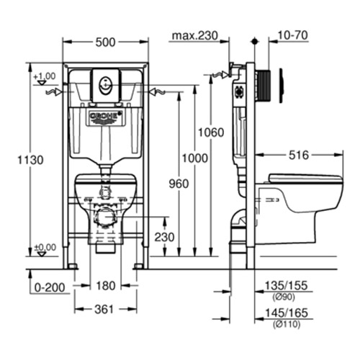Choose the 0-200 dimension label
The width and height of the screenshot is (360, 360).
48,287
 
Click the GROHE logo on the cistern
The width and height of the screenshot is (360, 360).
105,116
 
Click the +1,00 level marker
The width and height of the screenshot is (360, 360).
45,76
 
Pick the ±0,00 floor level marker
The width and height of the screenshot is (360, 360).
45,246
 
